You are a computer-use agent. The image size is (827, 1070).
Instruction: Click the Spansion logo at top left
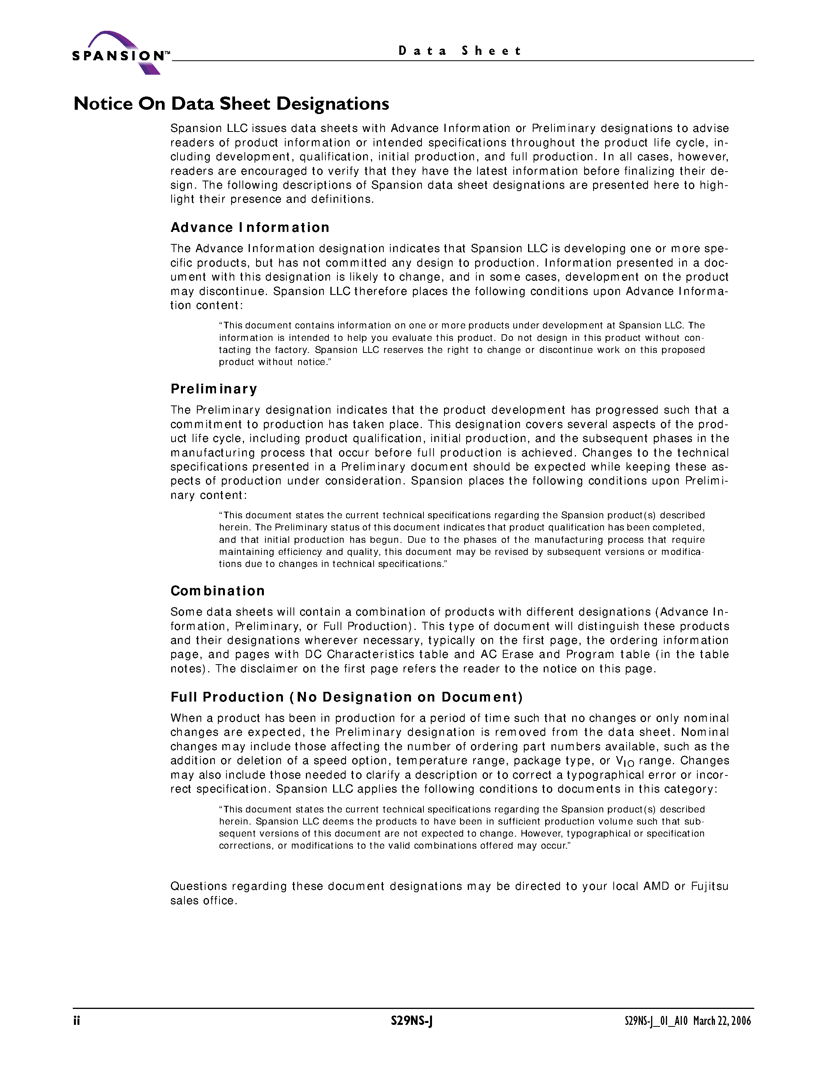tap(120, 53)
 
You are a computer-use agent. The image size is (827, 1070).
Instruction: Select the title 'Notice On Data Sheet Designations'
tap(231, 104)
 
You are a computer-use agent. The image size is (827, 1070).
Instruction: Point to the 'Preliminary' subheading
tap(214, 389)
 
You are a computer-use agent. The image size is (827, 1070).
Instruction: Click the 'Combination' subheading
tap(218, 591)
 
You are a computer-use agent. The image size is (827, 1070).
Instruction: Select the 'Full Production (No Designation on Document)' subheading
tap(346, 697)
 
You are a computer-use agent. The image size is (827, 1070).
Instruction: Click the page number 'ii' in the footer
tap(76, 1021)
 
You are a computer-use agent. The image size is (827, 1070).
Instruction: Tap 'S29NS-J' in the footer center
tap(411, 1021)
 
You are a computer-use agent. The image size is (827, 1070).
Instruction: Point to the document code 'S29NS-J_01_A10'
tap(656, 1021)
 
